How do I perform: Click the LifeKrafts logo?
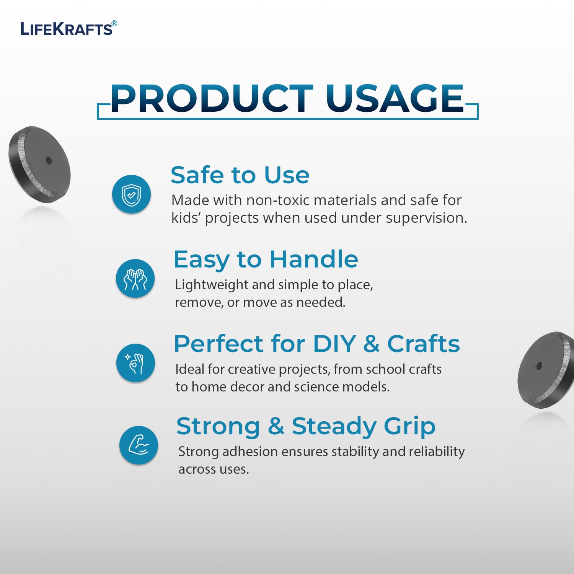pos(68,29)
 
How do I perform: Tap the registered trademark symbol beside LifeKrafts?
pos(114,23)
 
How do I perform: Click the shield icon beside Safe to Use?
pos(131,194)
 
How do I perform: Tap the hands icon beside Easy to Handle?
pos(135,278)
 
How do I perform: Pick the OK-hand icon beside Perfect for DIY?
pos(135,363)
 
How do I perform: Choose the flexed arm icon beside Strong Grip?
pos(139,445)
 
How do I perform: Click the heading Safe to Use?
pos(240,175)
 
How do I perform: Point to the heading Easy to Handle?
pos(266,260)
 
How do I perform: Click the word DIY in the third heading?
pos(334,344)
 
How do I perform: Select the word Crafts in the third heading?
pos(423,343)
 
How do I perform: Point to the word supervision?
pos(426,218)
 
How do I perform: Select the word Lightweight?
pos(211,285)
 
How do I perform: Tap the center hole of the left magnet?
pos(49,160)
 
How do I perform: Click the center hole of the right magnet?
pos(540,366)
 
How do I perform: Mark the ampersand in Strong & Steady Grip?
pos(276,426)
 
